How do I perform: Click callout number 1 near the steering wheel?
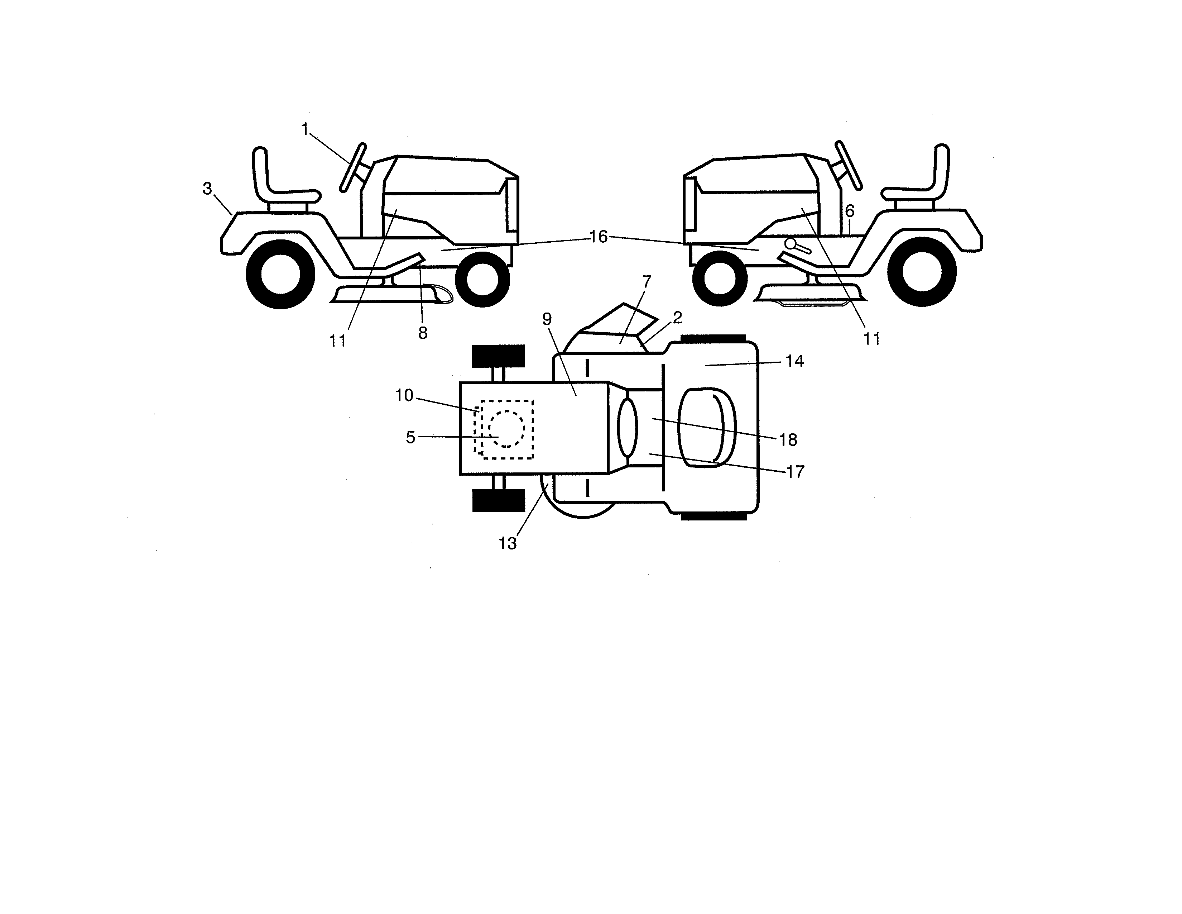click(305, 129)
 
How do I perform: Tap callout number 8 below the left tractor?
click(423, 333)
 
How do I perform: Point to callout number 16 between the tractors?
click(598, 237)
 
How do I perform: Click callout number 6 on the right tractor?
click(850, 211)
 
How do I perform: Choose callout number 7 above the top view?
click(646, 282)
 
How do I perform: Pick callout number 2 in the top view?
click(677, 318)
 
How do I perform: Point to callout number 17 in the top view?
click(794, 472)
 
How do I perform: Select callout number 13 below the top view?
click(507, 543)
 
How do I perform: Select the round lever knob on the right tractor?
click(791, 244)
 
